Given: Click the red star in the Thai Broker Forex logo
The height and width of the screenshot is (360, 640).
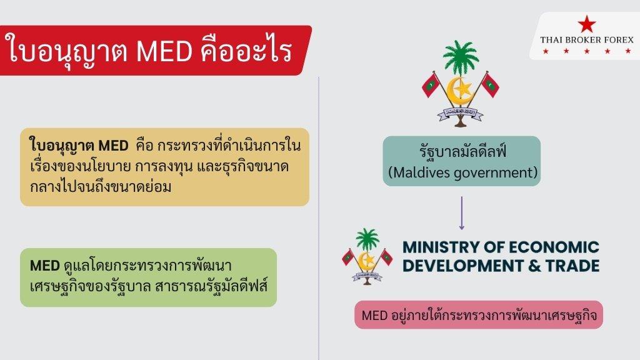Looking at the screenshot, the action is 586,24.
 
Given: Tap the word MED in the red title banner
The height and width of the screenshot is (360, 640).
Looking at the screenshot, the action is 164,51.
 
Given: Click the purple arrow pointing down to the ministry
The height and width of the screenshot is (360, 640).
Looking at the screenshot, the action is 462,213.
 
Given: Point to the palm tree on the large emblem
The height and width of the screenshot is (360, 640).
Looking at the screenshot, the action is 461,57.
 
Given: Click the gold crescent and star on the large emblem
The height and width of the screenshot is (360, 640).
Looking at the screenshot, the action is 460,91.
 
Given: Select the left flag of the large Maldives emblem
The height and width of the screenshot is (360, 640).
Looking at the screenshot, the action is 430,85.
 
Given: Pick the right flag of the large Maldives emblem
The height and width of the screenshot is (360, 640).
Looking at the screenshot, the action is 489,85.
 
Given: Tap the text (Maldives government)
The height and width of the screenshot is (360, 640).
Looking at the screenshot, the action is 462,172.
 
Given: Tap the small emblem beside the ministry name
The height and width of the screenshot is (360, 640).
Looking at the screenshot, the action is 367,256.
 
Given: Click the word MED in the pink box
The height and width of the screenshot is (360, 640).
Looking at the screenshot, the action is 375,315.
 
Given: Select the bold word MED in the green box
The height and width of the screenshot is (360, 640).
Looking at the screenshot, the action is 45,266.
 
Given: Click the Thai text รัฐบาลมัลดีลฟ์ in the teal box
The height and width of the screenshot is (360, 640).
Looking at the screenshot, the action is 462,151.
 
